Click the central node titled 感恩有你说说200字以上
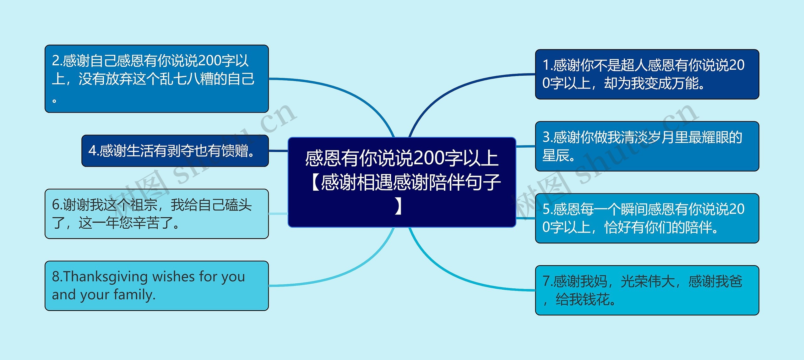coord(402,182)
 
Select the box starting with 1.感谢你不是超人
coord(647,74)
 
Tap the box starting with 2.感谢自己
coord(157,79)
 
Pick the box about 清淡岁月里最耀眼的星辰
coord(647,146)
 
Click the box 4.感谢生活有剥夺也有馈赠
coord(175,151)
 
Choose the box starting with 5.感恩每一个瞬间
coord(647,218)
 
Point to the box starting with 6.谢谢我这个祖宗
coord(157,214)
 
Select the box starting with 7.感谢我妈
coord(647,290)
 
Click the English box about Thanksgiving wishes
coord(157,286)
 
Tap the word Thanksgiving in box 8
coord(106,277)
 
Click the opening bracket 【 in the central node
coord(315,182)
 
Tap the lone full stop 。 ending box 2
coord(54,101)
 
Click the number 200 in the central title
coord(429,158)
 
